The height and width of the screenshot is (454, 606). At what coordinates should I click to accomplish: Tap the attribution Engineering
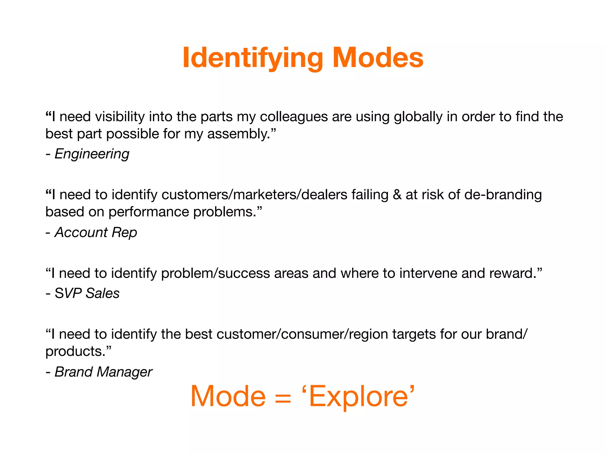92,154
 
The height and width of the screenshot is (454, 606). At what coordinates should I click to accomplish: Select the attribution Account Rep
96,232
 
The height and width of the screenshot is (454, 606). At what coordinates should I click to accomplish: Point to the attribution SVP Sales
87,293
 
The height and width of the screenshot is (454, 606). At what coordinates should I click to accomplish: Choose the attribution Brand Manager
103,372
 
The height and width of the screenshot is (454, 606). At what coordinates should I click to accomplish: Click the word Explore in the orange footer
358,397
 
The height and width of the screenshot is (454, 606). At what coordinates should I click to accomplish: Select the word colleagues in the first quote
294,117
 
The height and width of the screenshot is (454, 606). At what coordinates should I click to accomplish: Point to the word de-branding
503,195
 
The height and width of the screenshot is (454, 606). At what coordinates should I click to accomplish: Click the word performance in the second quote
149,212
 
